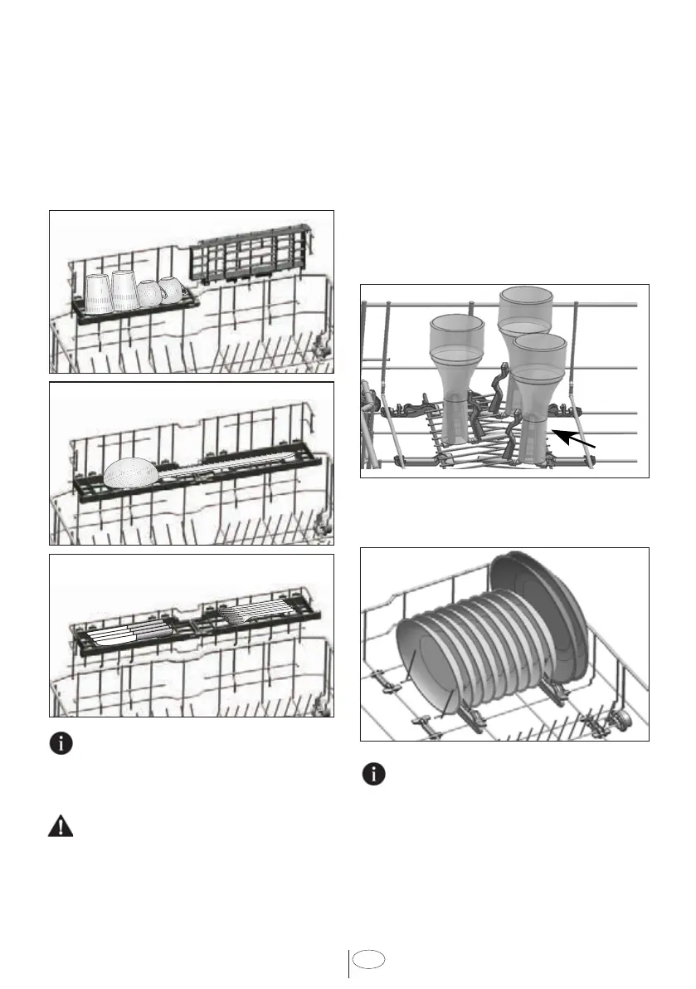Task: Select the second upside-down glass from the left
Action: [124, 290]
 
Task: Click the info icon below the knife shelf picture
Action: [61, 743]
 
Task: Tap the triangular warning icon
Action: [61, 827]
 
